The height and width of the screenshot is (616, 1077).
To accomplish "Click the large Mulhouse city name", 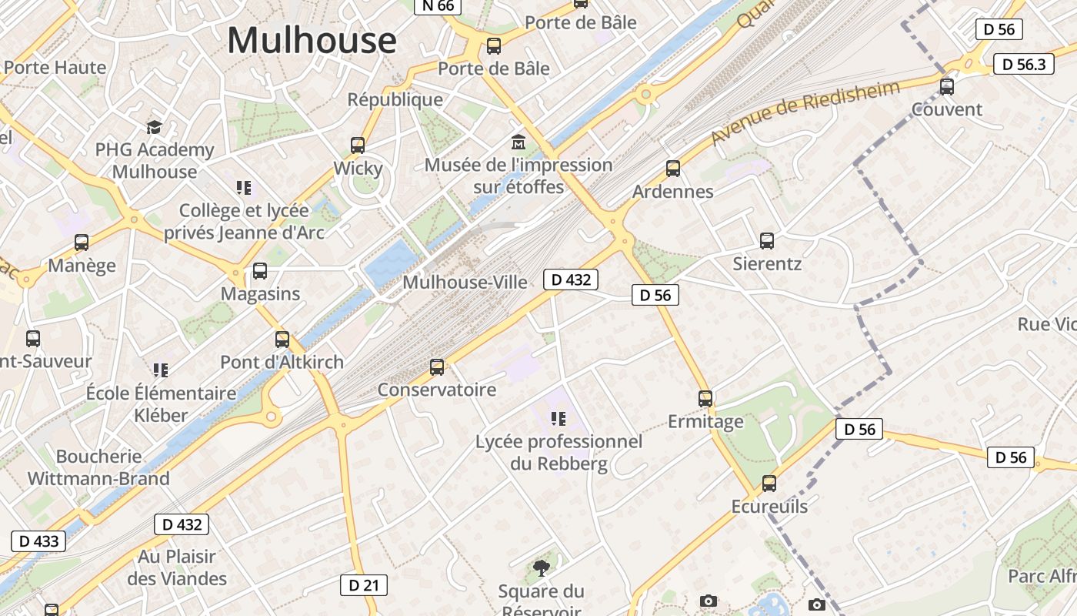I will [312, 40].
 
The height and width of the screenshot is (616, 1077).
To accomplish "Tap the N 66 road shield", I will [438, 6].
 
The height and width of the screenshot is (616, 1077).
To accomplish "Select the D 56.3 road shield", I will [1023, 64].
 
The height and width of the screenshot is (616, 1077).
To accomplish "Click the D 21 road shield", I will [363, 585].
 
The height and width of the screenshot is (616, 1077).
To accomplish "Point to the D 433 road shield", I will [38, 541].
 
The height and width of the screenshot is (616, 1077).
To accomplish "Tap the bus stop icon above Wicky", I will [358, 145].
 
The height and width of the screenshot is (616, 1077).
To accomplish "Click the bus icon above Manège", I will [82, 243].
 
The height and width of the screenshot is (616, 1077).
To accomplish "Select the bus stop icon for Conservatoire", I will [437, 367].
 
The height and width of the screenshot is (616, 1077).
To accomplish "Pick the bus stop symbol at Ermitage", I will [705, 399].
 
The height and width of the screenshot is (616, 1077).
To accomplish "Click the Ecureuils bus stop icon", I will [769, 484].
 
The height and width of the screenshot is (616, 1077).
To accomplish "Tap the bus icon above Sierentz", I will [767, 240].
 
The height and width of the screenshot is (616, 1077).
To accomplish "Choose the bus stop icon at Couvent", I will [947, 87].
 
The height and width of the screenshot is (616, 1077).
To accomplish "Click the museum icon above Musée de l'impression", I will [518, 142].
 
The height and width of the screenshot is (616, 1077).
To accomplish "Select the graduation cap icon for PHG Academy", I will [155, 126].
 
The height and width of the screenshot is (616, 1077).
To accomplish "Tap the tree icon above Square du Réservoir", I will [542, 568].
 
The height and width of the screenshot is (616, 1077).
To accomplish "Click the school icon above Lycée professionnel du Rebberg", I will [559, 419].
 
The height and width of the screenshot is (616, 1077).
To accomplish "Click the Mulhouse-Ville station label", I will [465, 283].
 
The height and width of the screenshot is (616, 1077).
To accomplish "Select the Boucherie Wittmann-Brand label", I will [98, 467].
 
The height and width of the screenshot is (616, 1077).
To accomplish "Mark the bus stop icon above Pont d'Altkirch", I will [282, 339].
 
